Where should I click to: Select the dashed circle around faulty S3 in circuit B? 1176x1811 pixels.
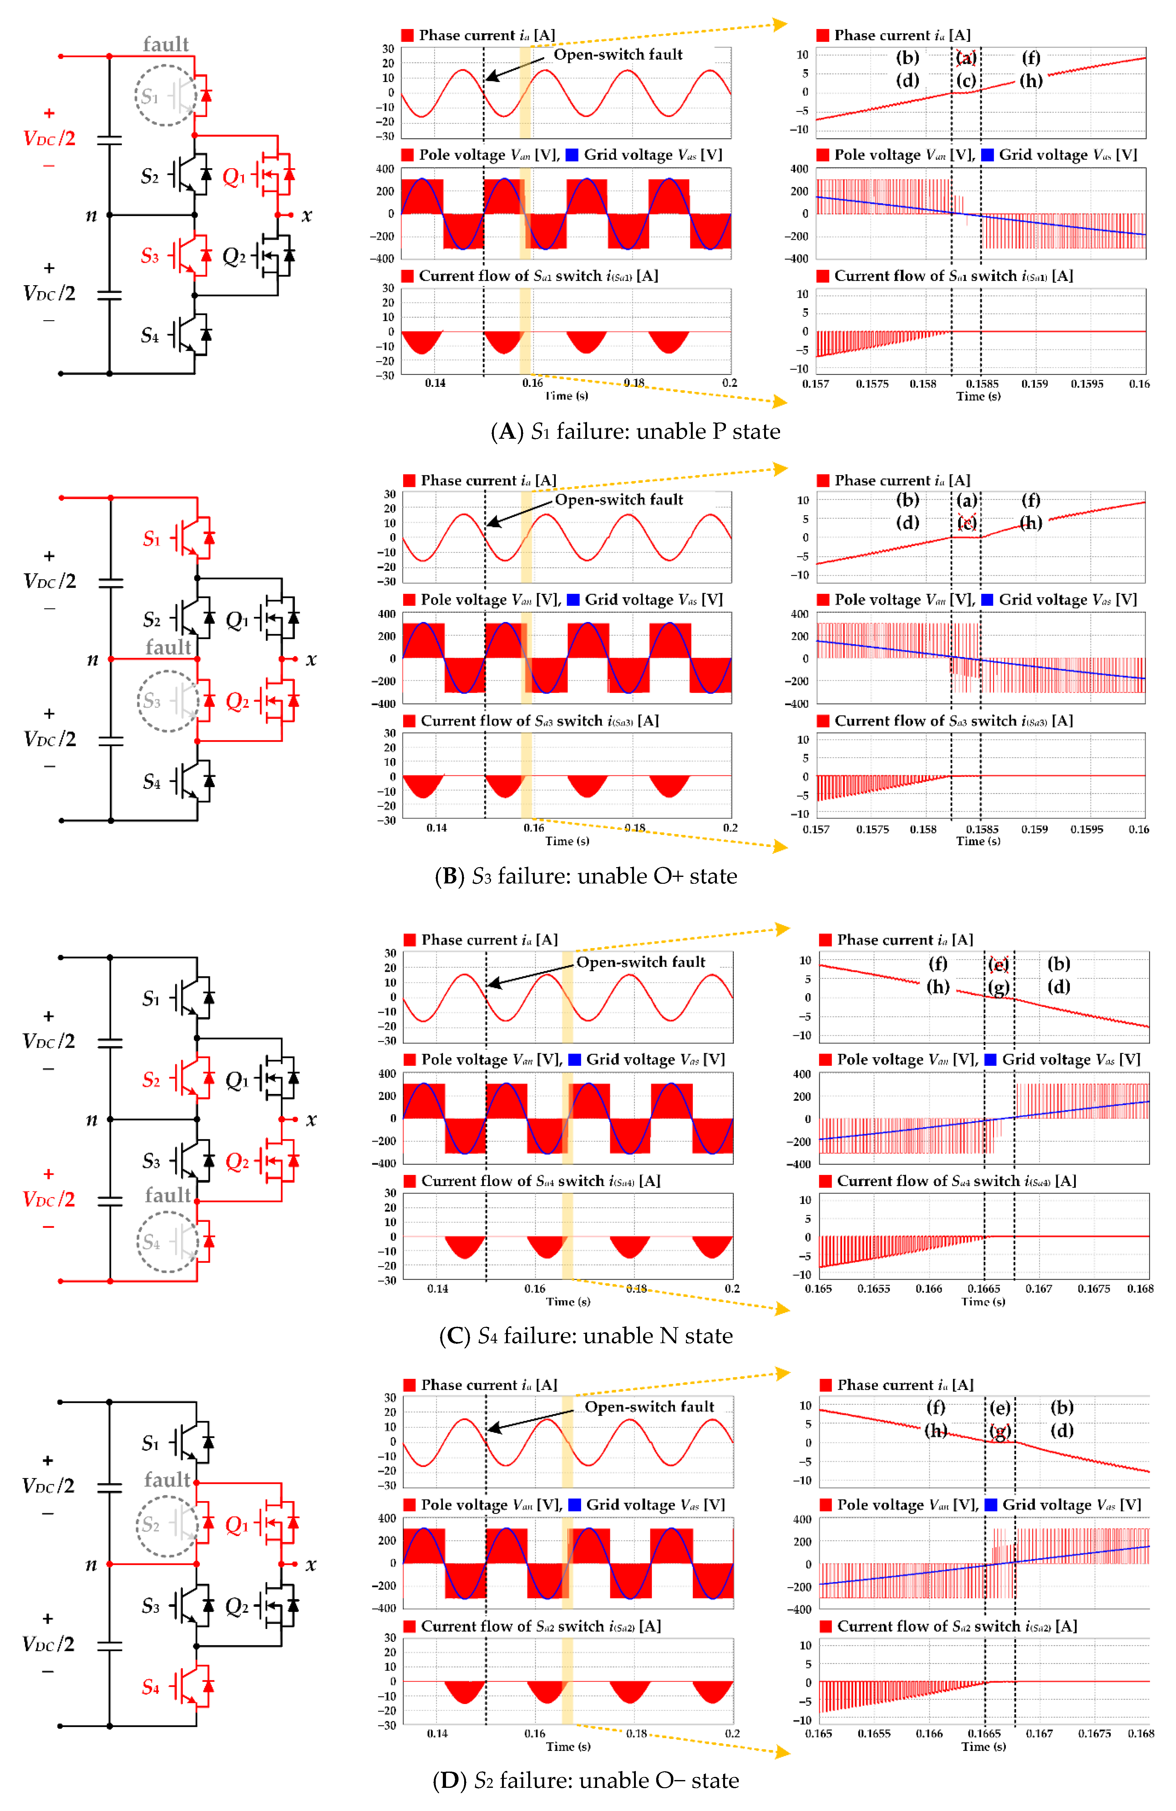pyautogui.click(x=167, y=701)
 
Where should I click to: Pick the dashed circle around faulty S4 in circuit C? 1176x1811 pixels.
pyautogui.click(x=167, y=1242)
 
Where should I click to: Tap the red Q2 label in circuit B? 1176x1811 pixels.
pyautogui.click(x=237, y=701)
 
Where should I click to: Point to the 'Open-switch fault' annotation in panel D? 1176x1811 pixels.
pyautogui.click(x=649, y=1407)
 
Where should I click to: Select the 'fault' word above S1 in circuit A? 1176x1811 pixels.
pyautogui.click(x=166, y=44)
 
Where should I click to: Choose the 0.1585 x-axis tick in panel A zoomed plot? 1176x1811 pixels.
pyautogui.click(x=982, y=383)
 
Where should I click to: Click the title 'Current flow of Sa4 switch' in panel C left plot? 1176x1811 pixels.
pyautogui.click(x=540, y=1181)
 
